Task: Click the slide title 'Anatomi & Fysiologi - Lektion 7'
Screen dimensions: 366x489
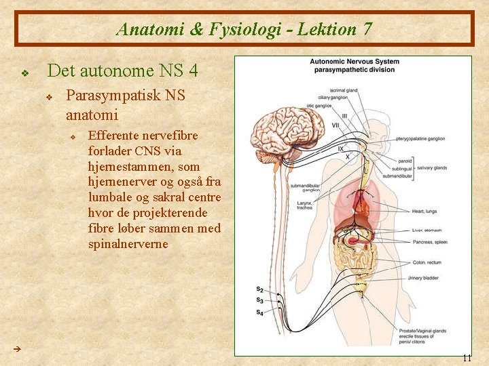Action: [x=244, y=29]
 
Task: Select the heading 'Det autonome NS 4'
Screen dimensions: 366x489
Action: [x=123, y=70]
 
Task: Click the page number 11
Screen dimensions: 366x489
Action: [x=466, y=358]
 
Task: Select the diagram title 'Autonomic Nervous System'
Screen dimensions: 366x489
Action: [x=354, y=62]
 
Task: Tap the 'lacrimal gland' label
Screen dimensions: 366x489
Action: [x=343, y=90]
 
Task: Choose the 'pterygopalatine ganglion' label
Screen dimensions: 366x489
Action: [x=416, y=138]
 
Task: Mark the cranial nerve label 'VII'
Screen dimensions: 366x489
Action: [x=336, y=125]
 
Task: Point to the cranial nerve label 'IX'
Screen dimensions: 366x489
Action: [x=341, y=148]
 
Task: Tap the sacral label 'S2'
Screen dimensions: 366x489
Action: [x=260, y=290]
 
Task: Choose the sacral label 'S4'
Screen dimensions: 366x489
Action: [x=260, y=312]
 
